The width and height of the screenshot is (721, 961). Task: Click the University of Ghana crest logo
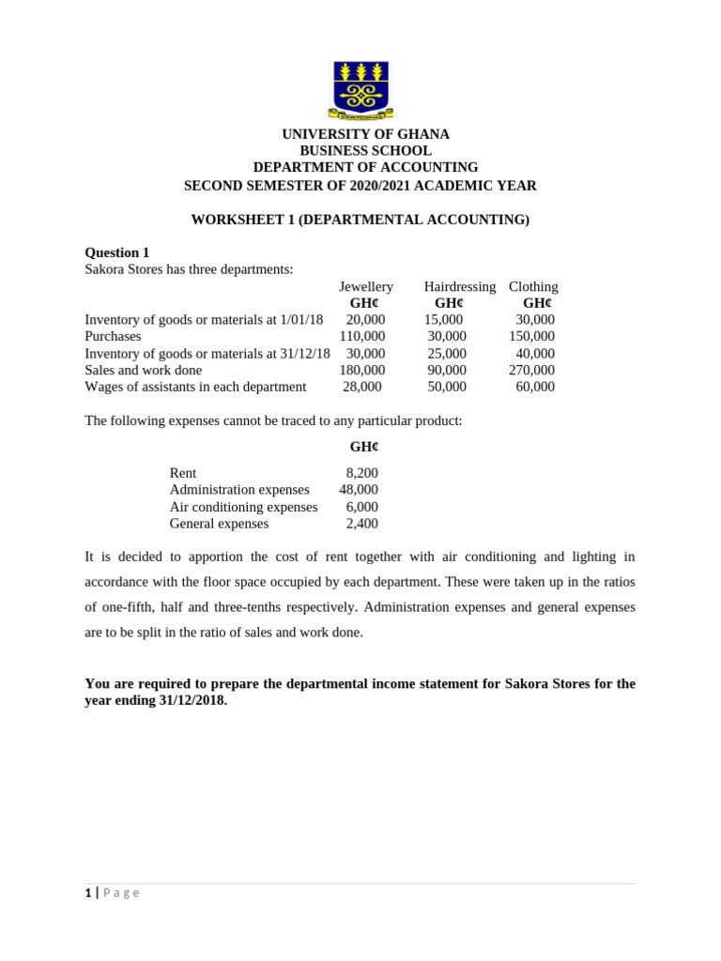[360, 90]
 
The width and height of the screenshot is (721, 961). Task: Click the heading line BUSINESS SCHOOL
[365, 151]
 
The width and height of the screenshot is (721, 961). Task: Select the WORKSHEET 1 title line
[360, 220]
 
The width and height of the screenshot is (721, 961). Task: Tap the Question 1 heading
[117, 252]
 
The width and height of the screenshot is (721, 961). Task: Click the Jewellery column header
[366, 286]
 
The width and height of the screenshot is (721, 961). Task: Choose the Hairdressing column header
[459, 286]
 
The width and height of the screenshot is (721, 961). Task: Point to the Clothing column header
[533, 286]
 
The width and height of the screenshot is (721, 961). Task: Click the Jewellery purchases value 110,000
[362, 336]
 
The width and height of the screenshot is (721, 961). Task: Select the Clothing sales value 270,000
[531, 370]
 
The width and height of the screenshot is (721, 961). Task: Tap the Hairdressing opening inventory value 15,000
[443, 320]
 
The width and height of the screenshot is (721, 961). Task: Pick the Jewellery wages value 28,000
[362, 387]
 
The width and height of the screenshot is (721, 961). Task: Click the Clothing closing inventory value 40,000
[535, 354]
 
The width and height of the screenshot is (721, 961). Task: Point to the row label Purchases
[113, 336]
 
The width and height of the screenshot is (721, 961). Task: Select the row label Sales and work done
[144, 370]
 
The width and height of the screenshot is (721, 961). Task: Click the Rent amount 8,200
[361, 473]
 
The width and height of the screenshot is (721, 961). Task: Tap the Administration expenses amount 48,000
[359, 490]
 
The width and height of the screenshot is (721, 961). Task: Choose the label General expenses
[219, 524]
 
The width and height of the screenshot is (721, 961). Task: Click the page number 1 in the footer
[88, 892]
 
